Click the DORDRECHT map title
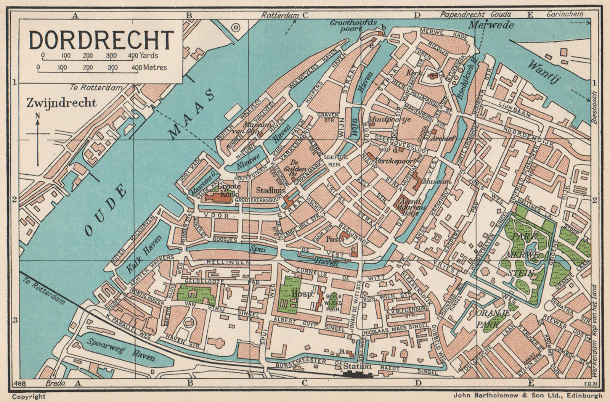pyautogui.click(x=101, y=39)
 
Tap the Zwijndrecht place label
pyautogui.click(x=61, y=103)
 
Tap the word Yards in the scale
pyautogui.click(x=148, y=55)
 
